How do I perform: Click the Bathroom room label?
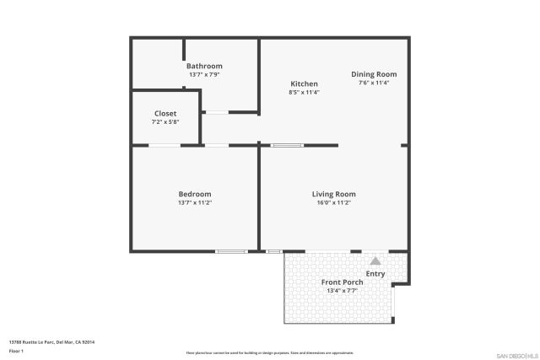[204, 66]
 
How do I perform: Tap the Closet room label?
[165, 114]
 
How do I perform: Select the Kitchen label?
[304, 83]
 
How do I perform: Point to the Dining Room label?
[374, 74]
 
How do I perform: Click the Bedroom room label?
[195, 194]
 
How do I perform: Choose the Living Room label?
[334, 194]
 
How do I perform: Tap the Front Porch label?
[343, 282]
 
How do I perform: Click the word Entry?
[375, 274]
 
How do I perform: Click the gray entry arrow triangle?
[375, 261]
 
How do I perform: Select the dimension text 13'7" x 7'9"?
[204, 75]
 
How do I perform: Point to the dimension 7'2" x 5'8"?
[165, 122]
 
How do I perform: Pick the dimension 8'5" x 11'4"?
[304, 92]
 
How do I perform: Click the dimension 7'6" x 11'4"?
[374, 83]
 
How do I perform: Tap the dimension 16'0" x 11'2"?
[334, 202]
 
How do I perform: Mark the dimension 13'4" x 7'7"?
[343, 291]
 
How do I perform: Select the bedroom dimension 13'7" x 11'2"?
[195, 202]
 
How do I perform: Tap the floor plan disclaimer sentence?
[270, 353]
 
